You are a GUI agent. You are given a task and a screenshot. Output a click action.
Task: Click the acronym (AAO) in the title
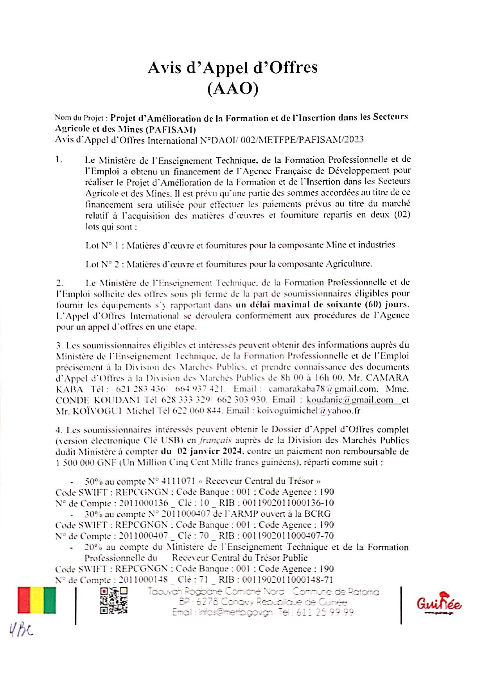coord(233,89)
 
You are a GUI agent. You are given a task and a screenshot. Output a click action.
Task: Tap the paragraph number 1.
coord(59,160)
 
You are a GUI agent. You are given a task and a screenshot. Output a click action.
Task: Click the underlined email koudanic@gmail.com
coord(350,400)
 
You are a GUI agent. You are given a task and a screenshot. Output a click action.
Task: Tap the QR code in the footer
coord(113,600)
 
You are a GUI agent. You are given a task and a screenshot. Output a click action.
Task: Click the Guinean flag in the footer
coord(37,600)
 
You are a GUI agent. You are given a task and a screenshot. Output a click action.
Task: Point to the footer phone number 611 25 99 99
coord(325,612)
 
